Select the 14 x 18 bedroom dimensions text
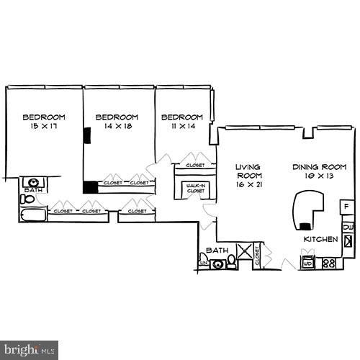pos(117,127)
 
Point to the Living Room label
pos(248,171)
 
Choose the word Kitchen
pos(320,239)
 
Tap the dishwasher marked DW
pos(348,228)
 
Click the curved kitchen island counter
pos(305,207)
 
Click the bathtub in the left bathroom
pos(32,214)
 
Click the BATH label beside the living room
pos(216,251)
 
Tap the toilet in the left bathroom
pos(27,197)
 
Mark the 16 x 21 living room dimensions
pos(248,184)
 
